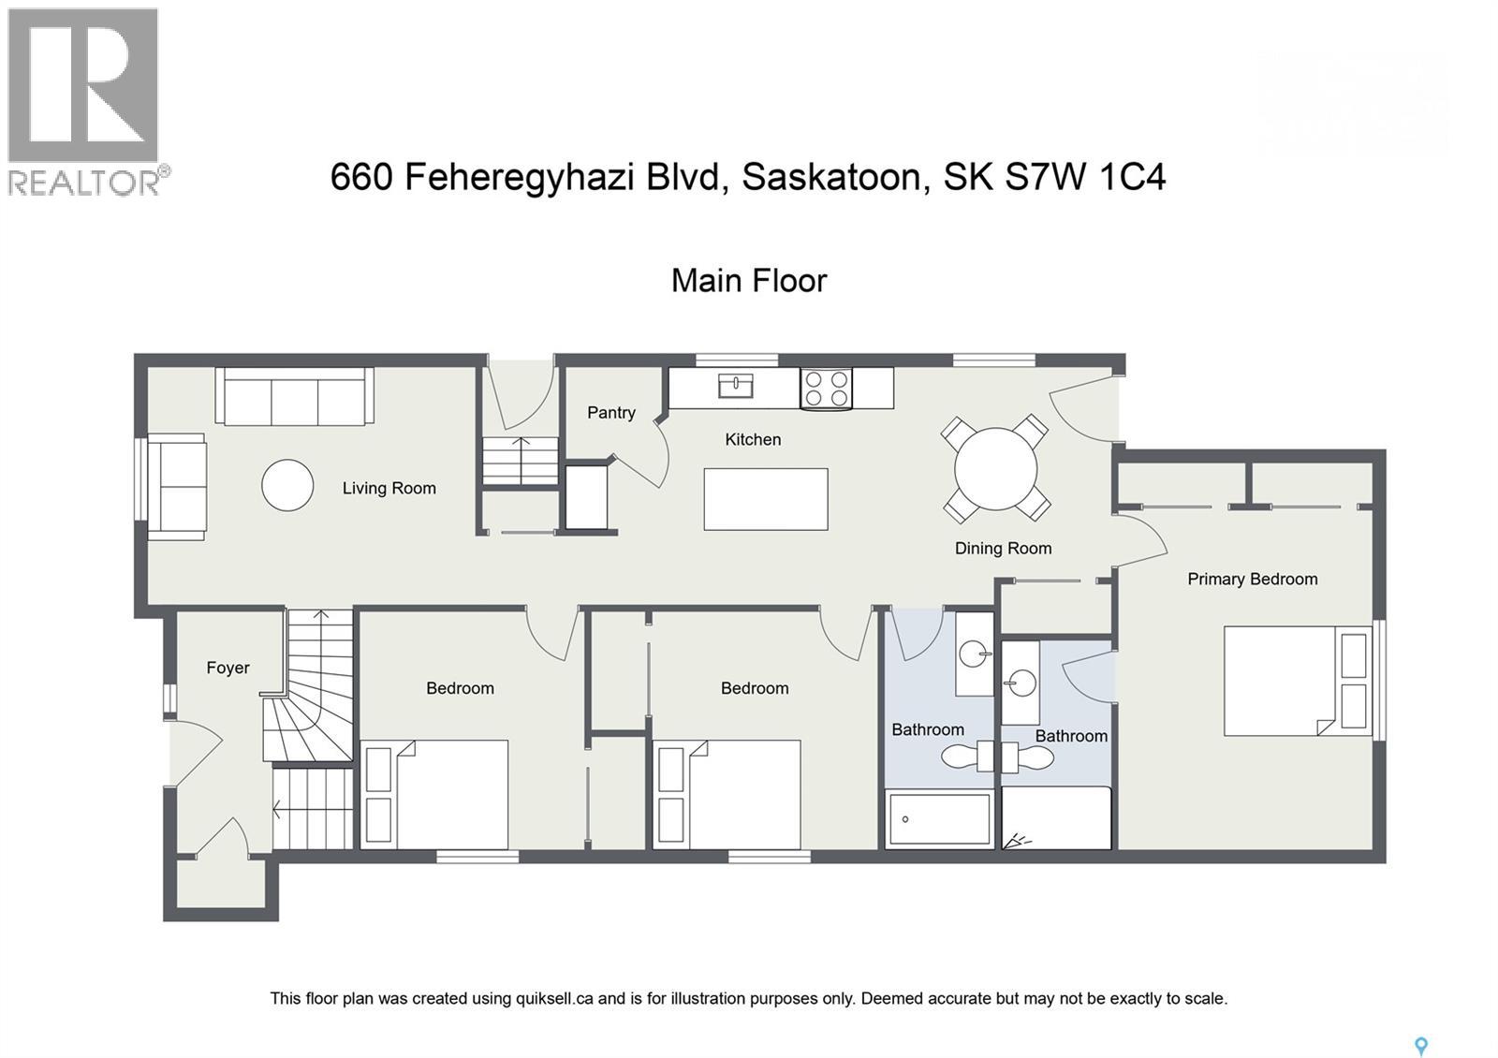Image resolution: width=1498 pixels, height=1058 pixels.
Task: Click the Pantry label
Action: tap(610, 412)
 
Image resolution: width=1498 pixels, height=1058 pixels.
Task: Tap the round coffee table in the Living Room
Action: tap(287, 485)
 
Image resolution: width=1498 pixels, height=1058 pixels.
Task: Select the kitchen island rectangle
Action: tap(765, 499)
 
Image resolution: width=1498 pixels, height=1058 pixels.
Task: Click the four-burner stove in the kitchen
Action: tap(827, 389)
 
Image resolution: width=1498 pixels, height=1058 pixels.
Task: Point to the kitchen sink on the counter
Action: tap(736, 385)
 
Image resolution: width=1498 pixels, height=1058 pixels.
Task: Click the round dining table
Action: tap(995, 468)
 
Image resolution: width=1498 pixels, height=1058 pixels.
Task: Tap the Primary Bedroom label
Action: tap(1252, 579)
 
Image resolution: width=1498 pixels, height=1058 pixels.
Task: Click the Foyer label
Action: tap(228, 668)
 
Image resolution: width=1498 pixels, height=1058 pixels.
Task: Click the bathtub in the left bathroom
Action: tap(939, 819)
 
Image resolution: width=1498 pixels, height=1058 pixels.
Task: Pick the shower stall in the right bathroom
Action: tap(1056, 818)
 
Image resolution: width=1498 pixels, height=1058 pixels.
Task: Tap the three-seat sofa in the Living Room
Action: tap(294, 396)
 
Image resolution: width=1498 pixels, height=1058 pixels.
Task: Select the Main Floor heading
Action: tap(749, 280)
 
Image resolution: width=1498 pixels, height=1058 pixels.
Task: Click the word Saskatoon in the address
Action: tap(836, 177)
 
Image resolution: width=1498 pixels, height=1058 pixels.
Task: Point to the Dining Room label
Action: tap(1003, 549)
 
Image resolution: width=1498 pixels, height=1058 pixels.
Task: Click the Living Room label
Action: tap(389, 488)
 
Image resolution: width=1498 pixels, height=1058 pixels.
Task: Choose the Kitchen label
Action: tap(753, 439)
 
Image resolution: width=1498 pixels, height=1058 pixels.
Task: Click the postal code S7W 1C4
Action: tap(1086, 177)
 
